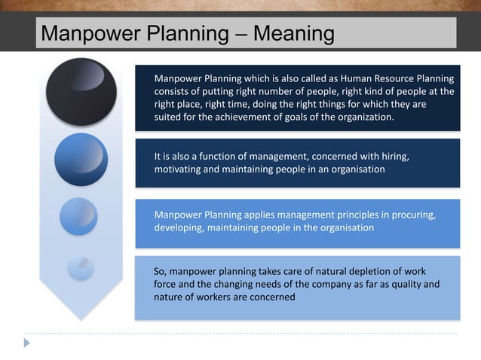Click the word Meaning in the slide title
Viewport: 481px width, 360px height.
294,33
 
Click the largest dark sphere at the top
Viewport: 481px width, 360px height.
81,91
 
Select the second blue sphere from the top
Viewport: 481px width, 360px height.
81,159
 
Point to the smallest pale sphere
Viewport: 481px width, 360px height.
79,267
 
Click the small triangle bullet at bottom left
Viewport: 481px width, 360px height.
28,342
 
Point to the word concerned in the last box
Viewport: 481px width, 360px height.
271,297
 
